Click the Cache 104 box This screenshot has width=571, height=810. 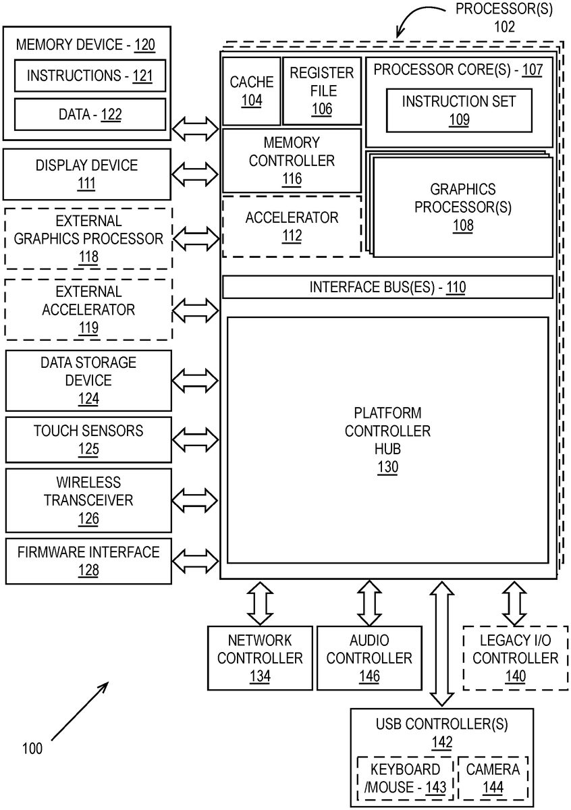pos(251,91)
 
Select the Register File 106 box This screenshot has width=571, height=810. pos(322,91)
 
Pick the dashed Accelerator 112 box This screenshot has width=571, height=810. pos(292,227)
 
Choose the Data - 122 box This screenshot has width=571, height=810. pos(90,115)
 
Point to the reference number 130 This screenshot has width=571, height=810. pos(387,467)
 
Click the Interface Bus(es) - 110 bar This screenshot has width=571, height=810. pos(387,288)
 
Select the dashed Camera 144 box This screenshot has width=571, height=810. pos(493,778)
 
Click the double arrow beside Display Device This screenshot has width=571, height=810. pos(196,173)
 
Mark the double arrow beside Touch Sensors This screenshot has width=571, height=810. pos(196,439)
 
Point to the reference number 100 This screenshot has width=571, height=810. pos(32,748)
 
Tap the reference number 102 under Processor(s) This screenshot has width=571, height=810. pos(504,27)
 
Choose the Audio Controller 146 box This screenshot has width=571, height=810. pos(369,658)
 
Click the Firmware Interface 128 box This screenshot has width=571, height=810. pos(88,561)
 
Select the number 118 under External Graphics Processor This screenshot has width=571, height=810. pos(88,256)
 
